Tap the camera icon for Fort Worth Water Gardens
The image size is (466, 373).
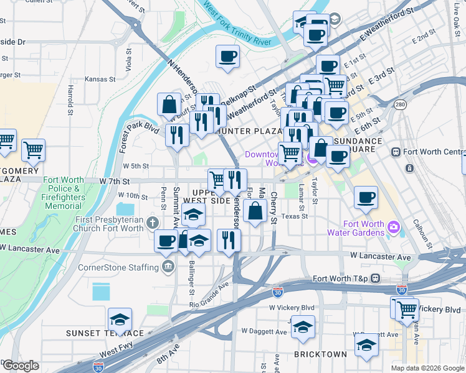coord(393,227)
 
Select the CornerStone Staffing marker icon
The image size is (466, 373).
coord(168,267)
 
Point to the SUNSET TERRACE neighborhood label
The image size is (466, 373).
coord(105,333)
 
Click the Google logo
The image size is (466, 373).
coord(21,366)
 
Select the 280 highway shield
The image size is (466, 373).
coord(400,103)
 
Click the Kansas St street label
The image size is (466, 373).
coord(100,80)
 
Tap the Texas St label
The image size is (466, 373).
coord(294,216)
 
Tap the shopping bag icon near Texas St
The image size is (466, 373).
coord(255,211)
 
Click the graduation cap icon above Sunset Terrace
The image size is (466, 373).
coord(120,320)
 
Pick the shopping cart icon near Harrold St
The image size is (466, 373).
coord(33,149)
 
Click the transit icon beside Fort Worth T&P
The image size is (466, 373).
coord(375,278)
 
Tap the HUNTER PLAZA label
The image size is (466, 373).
coord(248,131)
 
